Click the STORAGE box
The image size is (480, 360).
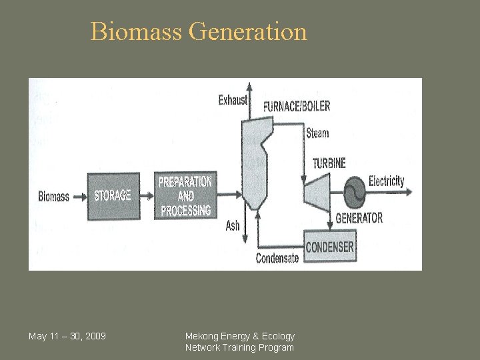coord(113,195)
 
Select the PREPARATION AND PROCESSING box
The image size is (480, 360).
coord(185,195)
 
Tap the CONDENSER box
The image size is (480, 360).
coord(330,247)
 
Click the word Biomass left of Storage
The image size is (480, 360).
coord(53,196)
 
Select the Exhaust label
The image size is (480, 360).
coord(233,101)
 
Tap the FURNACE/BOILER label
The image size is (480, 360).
coord(297,106)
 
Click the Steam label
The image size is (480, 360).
coord(317,133)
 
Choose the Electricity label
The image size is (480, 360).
coord(386,181)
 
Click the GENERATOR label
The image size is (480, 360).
coord(359,218)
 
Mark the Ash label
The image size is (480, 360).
coord(233,226)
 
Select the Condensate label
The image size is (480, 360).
coord(277,259)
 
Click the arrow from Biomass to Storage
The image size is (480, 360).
coord(80,196)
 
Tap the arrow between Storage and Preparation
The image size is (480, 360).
coord(148,195)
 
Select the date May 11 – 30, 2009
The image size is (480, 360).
coord(67,335)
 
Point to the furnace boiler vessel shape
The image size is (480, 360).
coord(253,160)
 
